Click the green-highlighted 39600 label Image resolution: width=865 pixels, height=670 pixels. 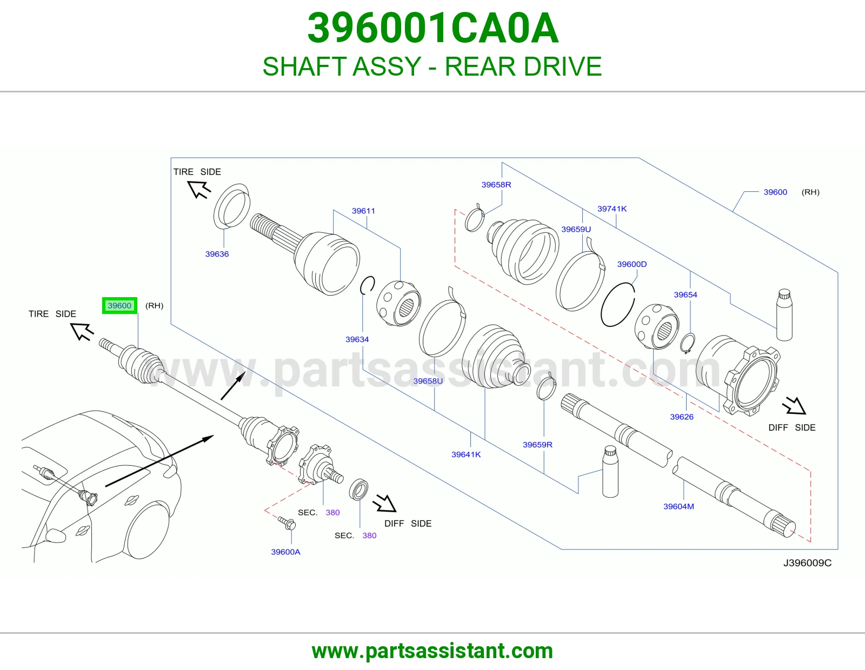point(119,306)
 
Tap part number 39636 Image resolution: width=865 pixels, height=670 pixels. point(217,254)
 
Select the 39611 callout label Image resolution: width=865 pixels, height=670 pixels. point(363,211)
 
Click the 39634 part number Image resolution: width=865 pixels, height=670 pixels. point(357,339)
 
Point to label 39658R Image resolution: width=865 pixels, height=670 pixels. point(496,185)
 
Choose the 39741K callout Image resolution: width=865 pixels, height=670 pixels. point(612,209)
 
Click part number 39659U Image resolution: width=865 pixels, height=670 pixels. point(576,229)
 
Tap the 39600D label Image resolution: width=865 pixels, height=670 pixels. point(632,264)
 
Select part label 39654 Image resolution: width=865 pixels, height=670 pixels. point(686,295)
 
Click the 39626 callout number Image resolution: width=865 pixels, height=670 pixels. point(682,417)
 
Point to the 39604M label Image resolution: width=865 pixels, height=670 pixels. point(678,506)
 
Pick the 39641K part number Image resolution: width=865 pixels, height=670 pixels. point(466,454)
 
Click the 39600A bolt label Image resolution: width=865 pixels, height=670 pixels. point(286,552)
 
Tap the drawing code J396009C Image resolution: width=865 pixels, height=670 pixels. point(807,563)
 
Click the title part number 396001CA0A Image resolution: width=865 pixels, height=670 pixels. point(432,28)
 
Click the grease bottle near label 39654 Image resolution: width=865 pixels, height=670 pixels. point(784,314)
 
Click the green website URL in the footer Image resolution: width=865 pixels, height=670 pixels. point(432,651)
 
